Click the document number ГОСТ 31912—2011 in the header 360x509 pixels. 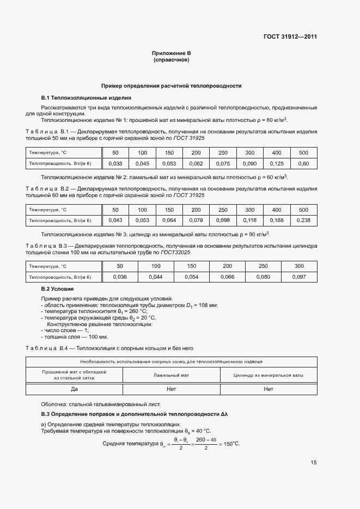(290, 37)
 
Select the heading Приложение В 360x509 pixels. (171, 53)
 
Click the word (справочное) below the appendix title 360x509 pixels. (171, 60)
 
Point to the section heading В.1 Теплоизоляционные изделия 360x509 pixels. (86, 98)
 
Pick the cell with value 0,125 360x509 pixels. (277, 163)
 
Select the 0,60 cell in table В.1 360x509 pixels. (303, 163)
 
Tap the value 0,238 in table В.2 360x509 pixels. (303, 220)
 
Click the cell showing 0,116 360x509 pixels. (250, 220)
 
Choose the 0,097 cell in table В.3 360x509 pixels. (299, 277)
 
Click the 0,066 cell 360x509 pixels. (227, 277)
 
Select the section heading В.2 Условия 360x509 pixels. (57, 289)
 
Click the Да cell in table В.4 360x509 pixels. (75, 389)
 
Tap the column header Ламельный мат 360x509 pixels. (171, 375)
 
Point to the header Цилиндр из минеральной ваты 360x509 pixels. (268, 375)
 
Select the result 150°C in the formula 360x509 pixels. (229, 444)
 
